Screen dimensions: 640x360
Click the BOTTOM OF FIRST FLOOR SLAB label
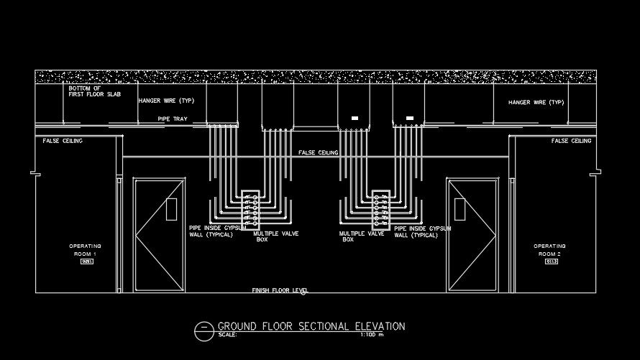click(90, 91)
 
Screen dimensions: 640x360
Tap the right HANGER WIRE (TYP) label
click(536, 103)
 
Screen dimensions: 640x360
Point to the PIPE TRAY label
click(172, 119)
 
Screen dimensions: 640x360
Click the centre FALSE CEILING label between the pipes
click(318, 152)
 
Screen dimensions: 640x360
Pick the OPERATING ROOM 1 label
click(85, 250)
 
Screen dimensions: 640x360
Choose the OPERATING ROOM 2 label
click(549, 250)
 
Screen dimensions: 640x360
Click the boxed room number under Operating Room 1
click(87, 262)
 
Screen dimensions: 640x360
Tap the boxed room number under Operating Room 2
click(552, 262)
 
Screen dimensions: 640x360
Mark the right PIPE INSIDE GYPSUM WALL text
click(422, 231)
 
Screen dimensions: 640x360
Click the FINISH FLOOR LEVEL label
click(279, 290)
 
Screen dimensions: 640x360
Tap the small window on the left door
click(171, 209)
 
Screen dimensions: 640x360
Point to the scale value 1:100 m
click(371, 335)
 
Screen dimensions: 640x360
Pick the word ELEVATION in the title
click(380, 326)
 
